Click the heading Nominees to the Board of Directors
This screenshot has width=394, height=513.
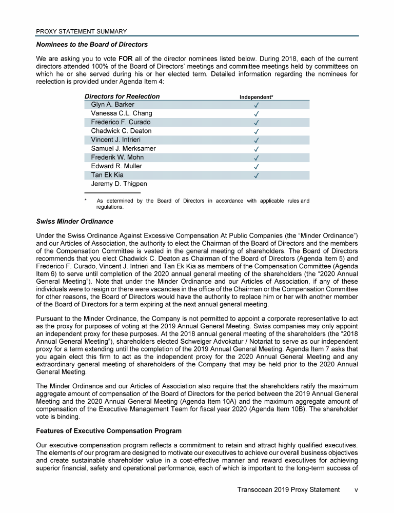92,45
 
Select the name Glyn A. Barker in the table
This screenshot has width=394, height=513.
112,105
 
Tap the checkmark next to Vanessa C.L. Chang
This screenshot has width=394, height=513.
256,114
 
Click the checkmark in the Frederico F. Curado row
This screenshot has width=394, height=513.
256,123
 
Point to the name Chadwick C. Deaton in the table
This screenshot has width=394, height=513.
121,131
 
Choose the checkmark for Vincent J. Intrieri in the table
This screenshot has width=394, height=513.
256,140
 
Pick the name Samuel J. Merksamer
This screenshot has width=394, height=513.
123,149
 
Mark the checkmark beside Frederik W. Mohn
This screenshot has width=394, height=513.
256,157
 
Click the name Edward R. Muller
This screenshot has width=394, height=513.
116,166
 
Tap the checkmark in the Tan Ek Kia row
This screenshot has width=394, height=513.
256,175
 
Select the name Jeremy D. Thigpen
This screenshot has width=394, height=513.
120,184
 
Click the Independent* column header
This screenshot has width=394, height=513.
256,97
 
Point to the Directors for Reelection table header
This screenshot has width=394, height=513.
122,96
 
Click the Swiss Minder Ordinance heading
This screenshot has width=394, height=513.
74,221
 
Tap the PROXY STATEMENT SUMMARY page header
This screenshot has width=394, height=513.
81,32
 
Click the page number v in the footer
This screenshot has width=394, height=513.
356,490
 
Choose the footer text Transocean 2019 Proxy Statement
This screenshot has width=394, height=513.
288,490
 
